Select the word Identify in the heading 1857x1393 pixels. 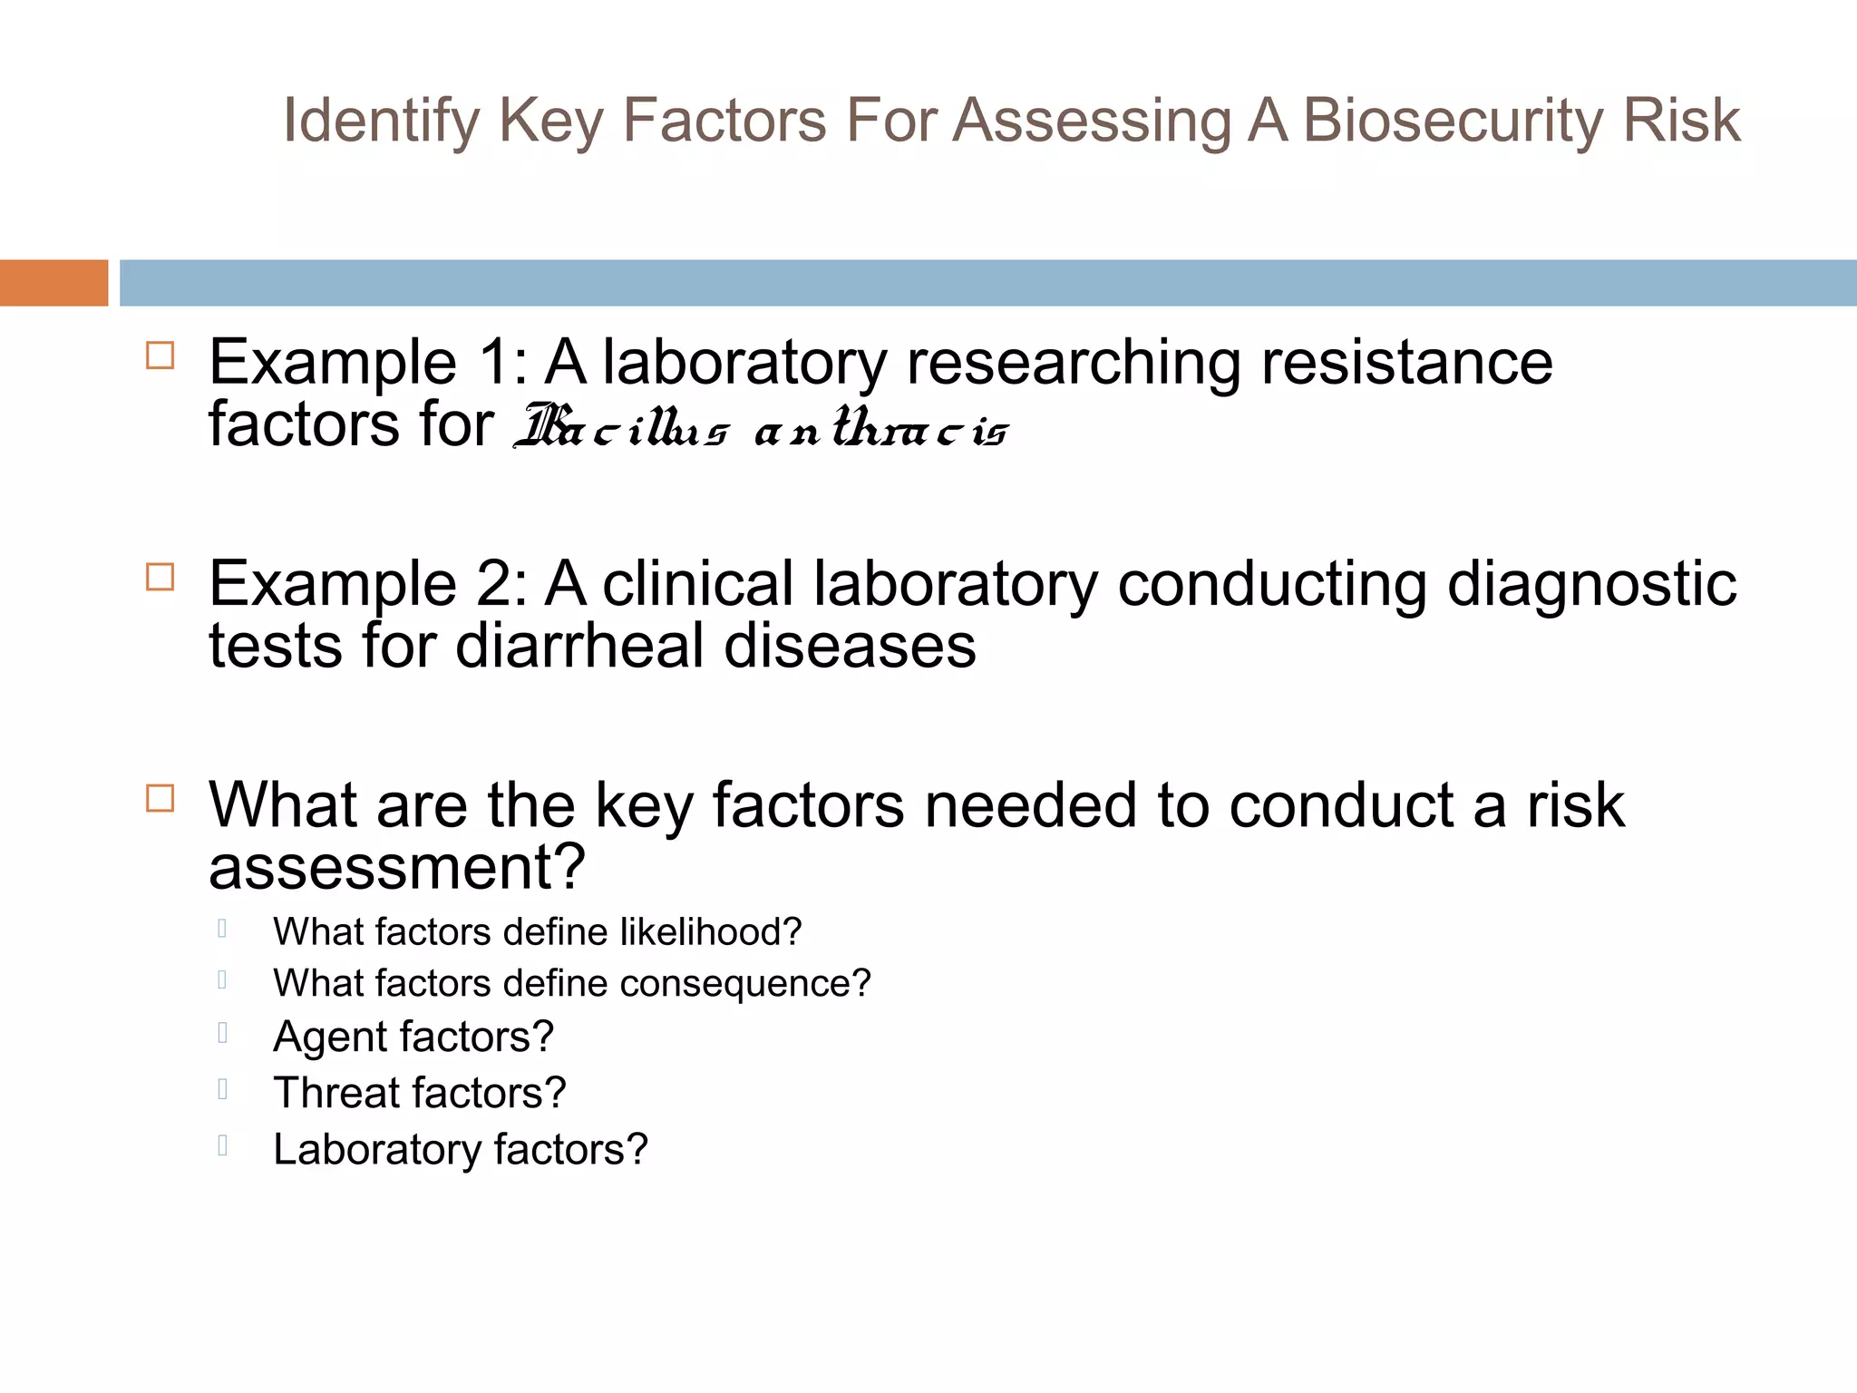click(x=381, y=122)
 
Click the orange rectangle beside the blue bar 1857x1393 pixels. click(x=53, y=283)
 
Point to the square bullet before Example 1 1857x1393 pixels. click(x=160, y=356)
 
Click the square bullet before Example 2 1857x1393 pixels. click(x=160, y=577)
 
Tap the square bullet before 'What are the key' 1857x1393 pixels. click(x=160, y=798)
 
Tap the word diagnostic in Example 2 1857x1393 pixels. click(x=1591, y=586)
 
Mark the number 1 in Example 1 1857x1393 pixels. click(x=497, y=363)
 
